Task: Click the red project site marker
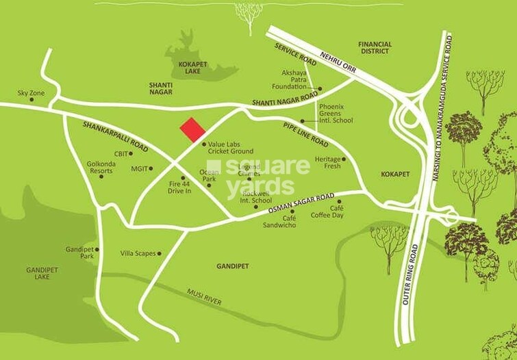point(192,130)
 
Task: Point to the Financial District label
point(375,47)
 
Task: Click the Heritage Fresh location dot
point(343,159)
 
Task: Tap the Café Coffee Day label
point(336,211)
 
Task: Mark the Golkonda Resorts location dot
point(101,176)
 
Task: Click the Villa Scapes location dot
point(159,253)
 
